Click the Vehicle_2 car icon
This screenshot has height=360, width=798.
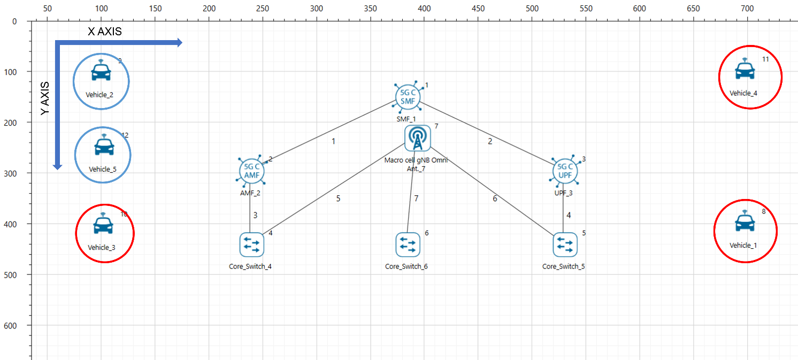(101, 70)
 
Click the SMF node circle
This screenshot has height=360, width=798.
(408, 96)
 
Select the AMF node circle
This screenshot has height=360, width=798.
(252, 171)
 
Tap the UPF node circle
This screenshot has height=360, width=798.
(565, 171)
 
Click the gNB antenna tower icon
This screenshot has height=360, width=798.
(417, 138)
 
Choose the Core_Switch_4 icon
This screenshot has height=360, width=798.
(251, 245)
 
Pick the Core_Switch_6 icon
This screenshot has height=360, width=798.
(408, 245)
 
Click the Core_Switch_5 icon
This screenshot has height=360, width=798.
(565, 245)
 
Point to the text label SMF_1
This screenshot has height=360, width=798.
(406, 119)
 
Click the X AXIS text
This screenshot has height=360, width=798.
(105, 32)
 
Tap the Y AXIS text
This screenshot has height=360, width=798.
(46, 99)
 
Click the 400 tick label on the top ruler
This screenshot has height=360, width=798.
(424, 9)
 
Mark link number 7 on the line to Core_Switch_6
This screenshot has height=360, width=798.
(416, 198)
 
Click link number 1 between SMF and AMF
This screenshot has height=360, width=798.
(334, 142)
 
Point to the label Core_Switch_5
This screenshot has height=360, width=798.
(564, 266)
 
